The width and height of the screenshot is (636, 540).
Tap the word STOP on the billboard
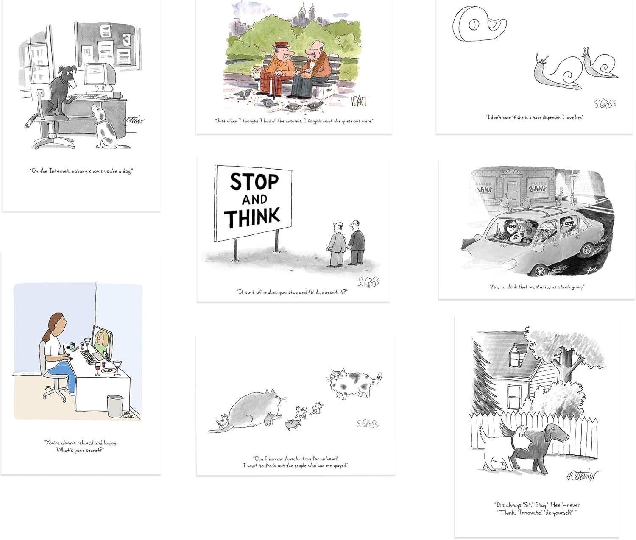[254, 182]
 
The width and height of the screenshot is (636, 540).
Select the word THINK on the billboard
[253, 217]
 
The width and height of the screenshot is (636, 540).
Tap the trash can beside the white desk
[115, 406]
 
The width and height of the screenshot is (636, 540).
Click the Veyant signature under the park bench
[359, 102]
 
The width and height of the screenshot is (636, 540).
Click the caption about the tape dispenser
[534, 117]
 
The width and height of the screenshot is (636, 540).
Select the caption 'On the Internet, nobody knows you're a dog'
[81, 171]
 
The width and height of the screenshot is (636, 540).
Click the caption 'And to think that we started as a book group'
[537, 287]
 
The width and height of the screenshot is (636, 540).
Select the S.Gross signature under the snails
[605, 103]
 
